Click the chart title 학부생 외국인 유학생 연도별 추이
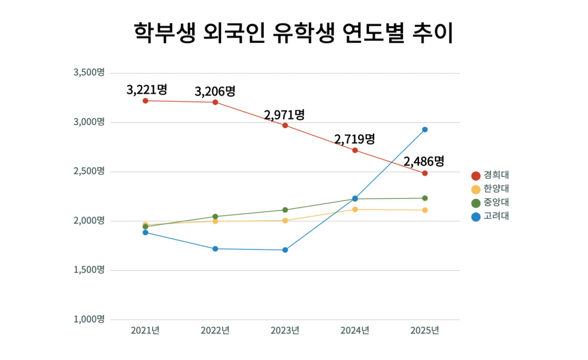click(x=293, y=33)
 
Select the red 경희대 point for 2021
click(x=145, y=101)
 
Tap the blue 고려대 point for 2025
click(x=425, y=130)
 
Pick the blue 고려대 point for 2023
click(x=285, y=250)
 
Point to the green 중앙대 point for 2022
click(x=215, y=217)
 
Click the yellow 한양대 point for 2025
click(x=425, y=210)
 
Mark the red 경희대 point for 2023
click(x=285, y=125)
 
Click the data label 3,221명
click(x=147, y=89)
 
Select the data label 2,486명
click(x=424, y=161)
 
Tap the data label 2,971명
click(x=285, y=115)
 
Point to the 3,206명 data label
click(x=215, y=92)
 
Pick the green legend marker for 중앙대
click(x=476, y=203)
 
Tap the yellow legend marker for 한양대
click(x=476, y=189)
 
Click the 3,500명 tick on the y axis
click(x=89, y=73)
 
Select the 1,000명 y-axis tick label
click(x=89, y=319)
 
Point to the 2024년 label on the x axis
click(x=355, y=330)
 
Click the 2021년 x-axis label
click(x=145, y=330)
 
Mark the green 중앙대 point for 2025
click(x=425, y=198)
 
